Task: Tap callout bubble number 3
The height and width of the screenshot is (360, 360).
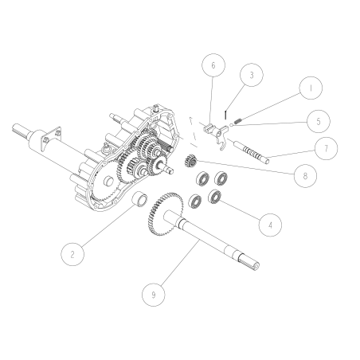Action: click(x=251, y=76)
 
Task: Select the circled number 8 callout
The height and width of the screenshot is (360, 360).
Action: click(x=300, y=175)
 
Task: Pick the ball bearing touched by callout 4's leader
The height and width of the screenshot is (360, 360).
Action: click(x=214, y=196)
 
